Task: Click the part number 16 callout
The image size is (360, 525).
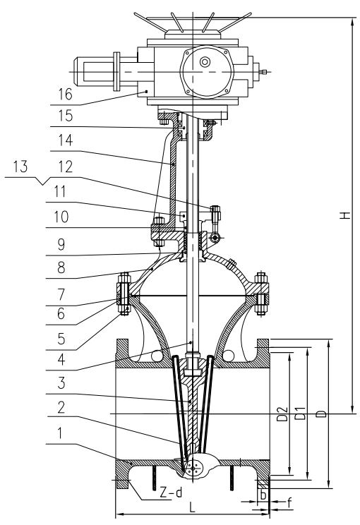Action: click(66, 94)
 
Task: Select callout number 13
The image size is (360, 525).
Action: click(20, 167)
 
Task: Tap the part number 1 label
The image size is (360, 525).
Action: click(60, 433)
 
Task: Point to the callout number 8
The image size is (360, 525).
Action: click(61, 267)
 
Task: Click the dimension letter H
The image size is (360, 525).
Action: click(346, 215)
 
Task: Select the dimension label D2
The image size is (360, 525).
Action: click(284, 414)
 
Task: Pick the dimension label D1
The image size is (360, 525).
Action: click(301, 414)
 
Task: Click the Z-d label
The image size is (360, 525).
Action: click(171, 493)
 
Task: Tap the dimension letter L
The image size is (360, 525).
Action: click(192, 507)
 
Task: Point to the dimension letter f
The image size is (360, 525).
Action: click(289, 502)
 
